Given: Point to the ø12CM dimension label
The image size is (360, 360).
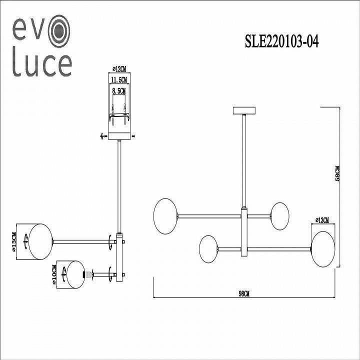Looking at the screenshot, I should pyautogui.click(x=119, y=70).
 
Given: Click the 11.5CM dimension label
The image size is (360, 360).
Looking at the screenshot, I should pyautogui.click(x=119, y=80).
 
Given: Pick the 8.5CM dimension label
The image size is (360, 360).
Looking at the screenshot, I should pyautogui.click(x=119, y=91).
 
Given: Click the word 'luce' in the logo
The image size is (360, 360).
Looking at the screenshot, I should pyautogui.click(x=42, y=65).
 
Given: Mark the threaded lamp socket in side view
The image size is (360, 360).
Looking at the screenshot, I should pyautogui.click(x=89, y=274).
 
